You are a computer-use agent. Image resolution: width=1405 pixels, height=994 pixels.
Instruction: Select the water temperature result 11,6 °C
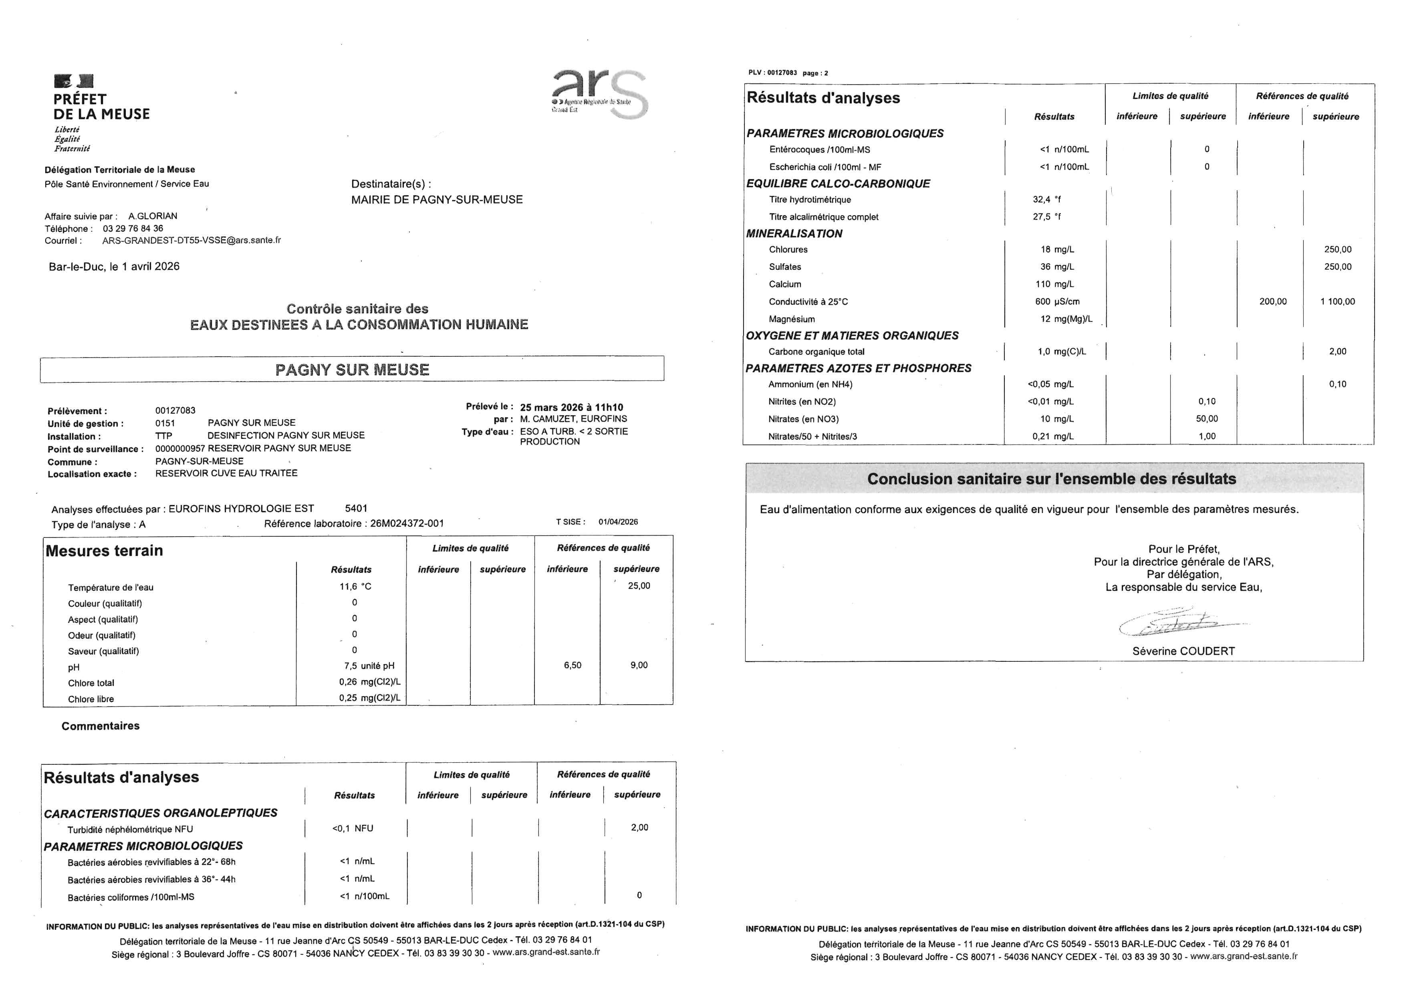(x=355, y=586)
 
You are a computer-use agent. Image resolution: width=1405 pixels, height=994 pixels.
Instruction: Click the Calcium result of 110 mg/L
(x=1054, y=284)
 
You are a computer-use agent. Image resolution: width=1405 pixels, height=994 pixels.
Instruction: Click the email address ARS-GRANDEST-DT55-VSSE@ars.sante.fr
(x=191, y=240)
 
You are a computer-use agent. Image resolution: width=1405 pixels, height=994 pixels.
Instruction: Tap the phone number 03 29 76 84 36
(x=133, y=228)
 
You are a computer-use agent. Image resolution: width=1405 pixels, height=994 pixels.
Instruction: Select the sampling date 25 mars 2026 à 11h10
(x=572, y=407)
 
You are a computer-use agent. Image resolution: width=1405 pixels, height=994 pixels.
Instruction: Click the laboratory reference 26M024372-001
(x=407, y=523)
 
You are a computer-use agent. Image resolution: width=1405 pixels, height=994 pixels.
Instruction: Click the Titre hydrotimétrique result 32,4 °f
(x=1046, y=200)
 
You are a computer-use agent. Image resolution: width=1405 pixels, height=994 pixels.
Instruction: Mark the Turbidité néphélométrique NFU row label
(x=130, y=829)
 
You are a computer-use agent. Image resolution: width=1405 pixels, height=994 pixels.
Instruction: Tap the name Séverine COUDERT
(x=1183, y=651)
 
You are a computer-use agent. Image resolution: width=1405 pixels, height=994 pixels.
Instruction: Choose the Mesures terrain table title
(x=104, y=551)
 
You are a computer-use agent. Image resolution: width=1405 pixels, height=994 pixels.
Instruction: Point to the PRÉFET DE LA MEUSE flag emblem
(x=74, y=81)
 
